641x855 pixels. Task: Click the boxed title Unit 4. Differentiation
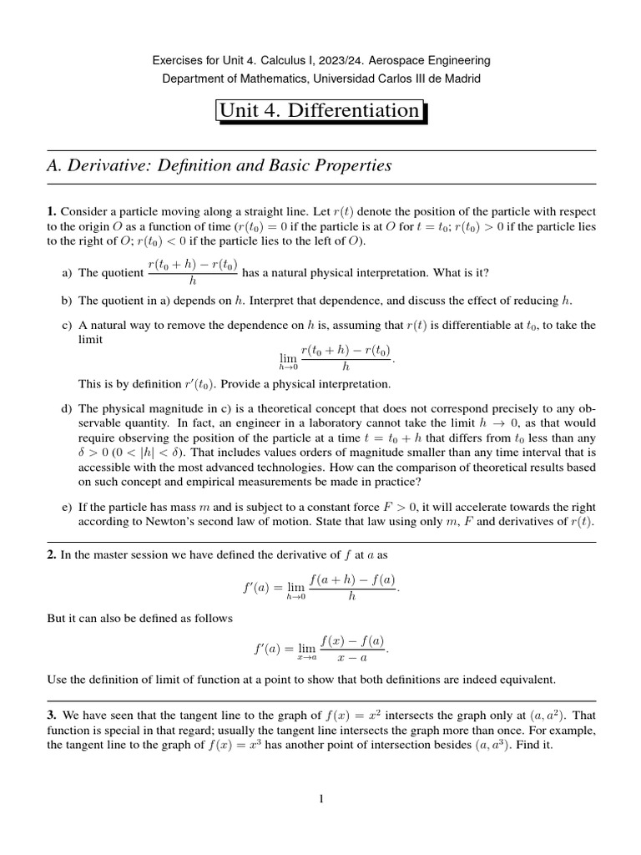click(x=320, y=111)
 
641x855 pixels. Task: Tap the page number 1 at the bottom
click(x=320, y=800)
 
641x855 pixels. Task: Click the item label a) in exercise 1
click(x=68, y=273)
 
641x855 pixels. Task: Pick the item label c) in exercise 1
click(x=68, y=326)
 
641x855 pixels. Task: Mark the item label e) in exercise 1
click(x=68, y=506)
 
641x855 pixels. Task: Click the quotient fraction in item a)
click(x=193, y=273)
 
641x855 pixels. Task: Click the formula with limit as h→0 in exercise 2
click(x=320, y=589)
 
